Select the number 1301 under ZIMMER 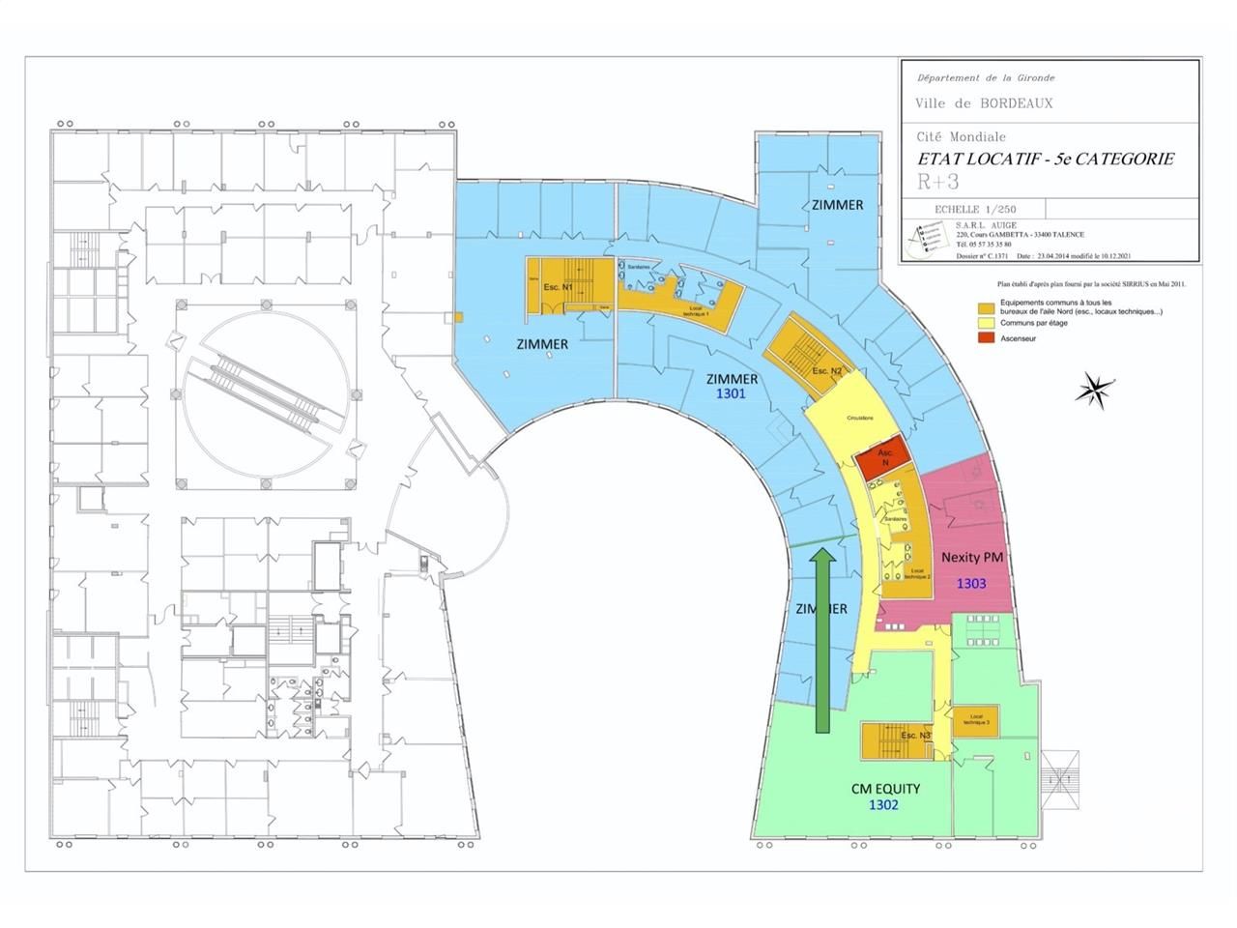tap(731, 395)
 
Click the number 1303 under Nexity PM tap(971, 583)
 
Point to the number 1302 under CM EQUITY tap(883, 804)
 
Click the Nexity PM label tap(971, 557)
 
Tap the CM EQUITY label tap(885, 788)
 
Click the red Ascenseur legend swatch tap(986, 338)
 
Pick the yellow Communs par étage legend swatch tap(986, 324)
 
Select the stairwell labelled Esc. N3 tap(896, 739)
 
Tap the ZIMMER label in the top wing tap(837, 205)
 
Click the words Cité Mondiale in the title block tap(961, 137)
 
